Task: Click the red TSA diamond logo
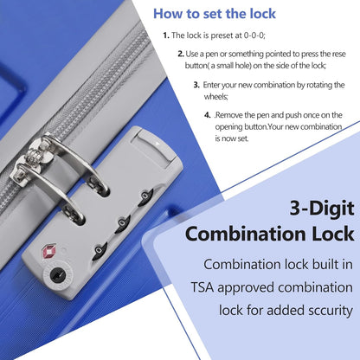tap(49, 252)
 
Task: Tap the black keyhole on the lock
tap(58, 274)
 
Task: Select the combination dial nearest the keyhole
tap(100, 251)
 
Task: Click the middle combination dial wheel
tap(123, 224)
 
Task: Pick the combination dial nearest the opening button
tap(146, 197)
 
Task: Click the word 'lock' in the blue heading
tap(262, 14)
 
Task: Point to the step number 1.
tap(165, 35)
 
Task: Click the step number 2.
tap(181, 54)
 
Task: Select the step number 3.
tap(196, 85)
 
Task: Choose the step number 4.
tap(208, 115)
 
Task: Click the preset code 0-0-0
tap(254, 35)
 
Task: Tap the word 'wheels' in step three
tap(216, 96)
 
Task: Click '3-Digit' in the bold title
tap(322, 209)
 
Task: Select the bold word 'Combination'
tap(246, 234)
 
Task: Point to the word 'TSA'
tap(202, 287)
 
